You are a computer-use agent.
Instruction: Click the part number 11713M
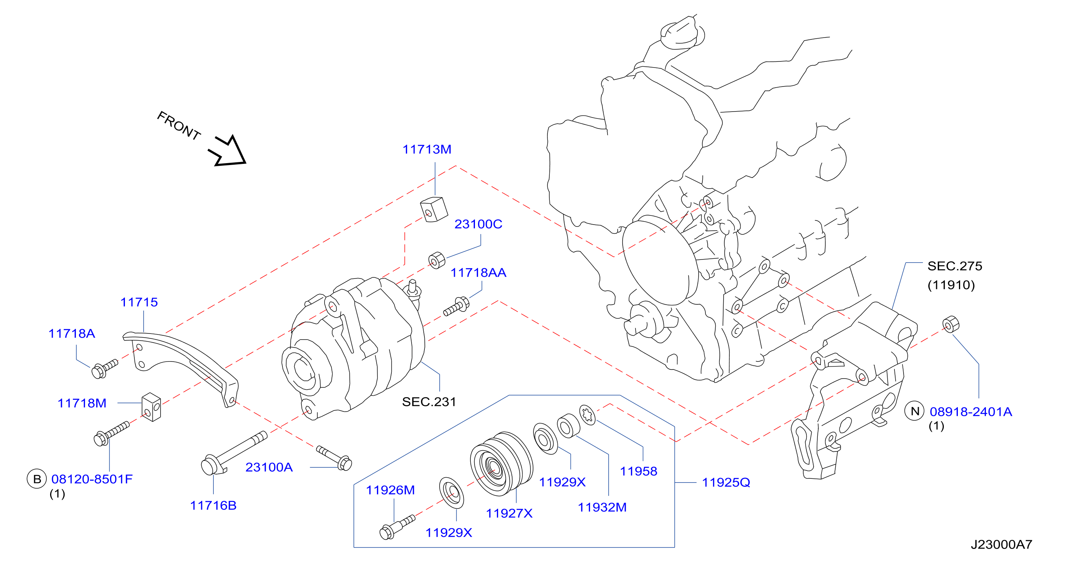point(427,149)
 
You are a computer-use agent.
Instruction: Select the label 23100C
point(478,224)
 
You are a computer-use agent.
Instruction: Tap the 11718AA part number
point(478,272)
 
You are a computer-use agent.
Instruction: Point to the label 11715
point(139,302)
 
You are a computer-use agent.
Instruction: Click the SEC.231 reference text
point(429,402)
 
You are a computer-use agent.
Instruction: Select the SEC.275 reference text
point(955,266)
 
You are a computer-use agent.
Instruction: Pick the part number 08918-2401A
point(971,412)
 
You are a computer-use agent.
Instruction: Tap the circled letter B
point(36,479)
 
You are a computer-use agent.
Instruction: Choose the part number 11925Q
point(726,483)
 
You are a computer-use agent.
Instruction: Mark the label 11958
point(639,471)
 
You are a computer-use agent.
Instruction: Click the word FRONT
point(178,125)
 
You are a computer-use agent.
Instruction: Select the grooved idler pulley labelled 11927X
point(502,464)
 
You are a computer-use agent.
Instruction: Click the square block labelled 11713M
point(434,209)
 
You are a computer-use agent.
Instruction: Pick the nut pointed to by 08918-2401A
point(951,324)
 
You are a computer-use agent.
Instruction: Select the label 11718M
point(82,403)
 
